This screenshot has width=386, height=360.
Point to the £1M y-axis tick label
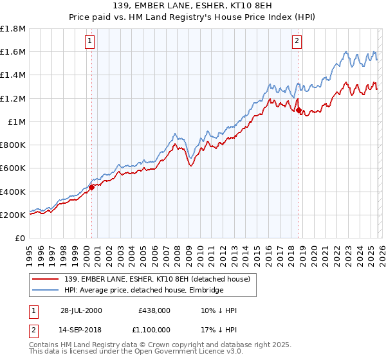15,122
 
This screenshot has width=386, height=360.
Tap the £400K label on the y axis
12,192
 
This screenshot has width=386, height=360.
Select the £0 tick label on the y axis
20,238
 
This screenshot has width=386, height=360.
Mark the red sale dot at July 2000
91,187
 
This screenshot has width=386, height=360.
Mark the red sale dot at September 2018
299,111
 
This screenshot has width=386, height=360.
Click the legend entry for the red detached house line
161,278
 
